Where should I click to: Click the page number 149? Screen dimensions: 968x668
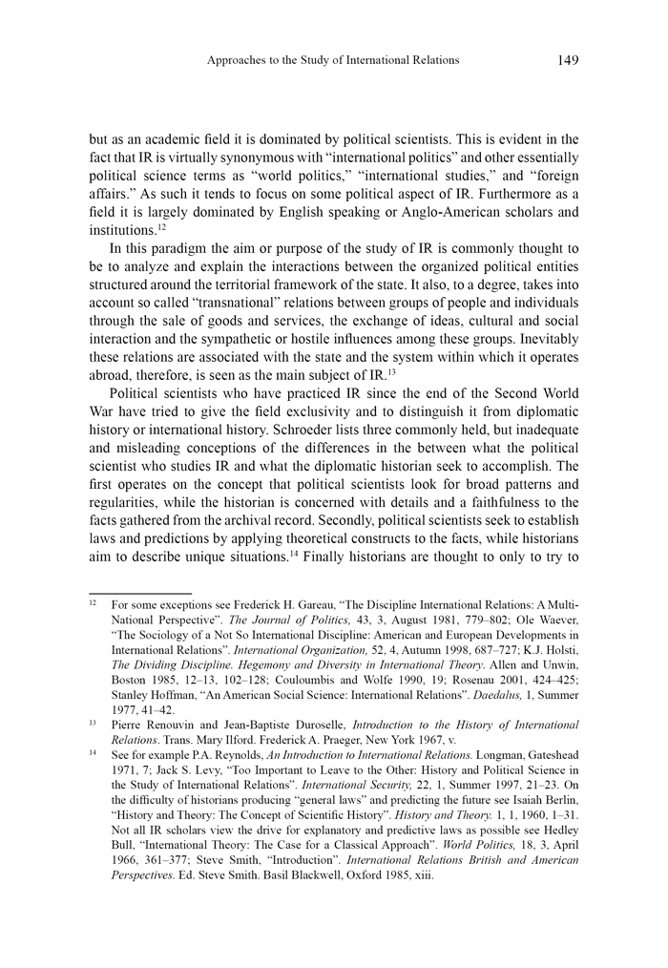pyautogui.click(x=567, y=60)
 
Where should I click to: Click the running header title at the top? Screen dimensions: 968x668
pyautogui.click(x=333, y=60)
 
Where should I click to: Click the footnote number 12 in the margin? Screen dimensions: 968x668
pyautogui.click(x=94, y=604)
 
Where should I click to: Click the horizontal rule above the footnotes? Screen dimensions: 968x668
pyautogui.click(x=139, y=592)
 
